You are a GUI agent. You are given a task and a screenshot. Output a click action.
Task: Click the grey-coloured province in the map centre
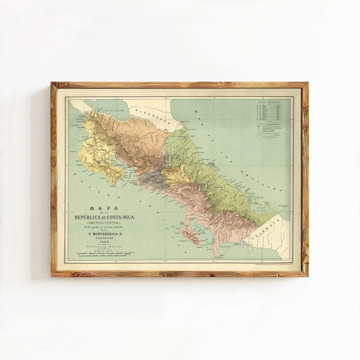153,180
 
